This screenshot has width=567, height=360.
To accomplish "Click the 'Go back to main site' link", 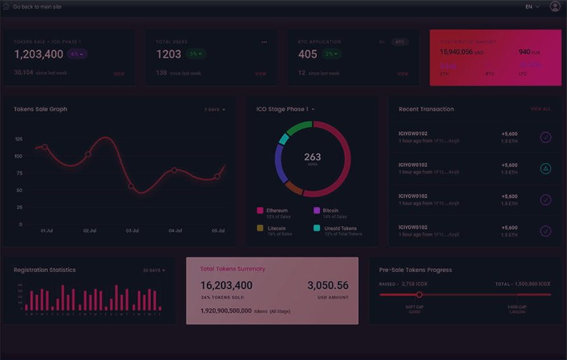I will click(37, 6).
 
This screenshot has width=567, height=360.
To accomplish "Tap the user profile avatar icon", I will click(555, 6).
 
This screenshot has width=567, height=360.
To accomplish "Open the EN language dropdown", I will click(532, 6).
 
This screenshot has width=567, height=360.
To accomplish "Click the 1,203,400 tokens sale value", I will click(39, 55).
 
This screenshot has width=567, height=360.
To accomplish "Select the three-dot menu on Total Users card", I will click(264, 42).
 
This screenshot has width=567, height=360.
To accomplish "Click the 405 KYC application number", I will click(308, 55).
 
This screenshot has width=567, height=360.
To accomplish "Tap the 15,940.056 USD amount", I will click(456, 52).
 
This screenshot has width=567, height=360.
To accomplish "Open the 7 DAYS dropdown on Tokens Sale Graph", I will click(215, 109).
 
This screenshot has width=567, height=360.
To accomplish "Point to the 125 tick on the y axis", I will click(18, 139).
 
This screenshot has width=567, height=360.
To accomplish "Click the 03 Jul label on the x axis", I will click(132, 231).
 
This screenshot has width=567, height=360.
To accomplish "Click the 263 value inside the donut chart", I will click(312, 157).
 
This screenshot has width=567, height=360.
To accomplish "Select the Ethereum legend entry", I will click(277, 211).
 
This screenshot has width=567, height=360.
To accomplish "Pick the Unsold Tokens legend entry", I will click(340, 228).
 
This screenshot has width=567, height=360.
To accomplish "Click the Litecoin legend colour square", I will click(260, 228).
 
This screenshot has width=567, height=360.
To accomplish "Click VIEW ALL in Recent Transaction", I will click(540, 109).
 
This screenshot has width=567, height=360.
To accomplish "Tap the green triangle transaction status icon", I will click(545, 169).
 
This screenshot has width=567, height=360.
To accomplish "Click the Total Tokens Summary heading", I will click(233, 269).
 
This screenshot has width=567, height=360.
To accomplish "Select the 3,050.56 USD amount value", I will click(327, 286).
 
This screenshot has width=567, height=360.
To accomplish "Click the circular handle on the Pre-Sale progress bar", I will click(419, 294).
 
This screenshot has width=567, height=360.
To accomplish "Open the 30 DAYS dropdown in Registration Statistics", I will click(153, 270).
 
